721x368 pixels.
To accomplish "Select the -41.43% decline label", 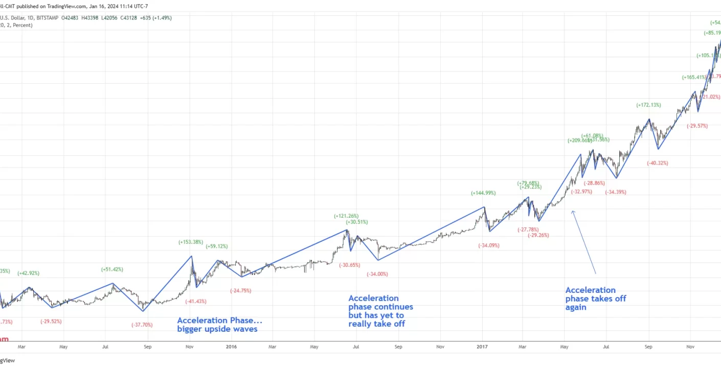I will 196,302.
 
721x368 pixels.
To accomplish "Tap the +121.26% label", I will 346,216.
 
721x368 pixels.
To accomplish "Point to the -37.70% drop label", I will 142,325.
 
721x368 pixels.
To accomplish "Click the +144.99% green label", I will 483,193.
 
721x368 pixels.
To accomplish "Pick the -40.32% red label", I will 657,163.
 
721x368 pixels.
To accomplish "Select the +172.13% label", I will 648,105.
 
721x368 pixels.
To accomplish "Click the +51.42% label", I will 112,269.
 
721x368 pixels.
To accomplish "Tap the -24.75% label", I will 241,290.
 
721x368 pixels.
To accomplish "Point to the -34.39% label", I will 616,192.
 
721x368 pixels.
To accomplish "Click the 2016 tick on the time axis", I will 231,347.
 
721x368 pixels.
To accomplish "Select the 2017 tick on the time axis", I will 482,347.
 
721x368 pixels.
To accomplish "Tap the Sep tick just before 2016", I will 147,347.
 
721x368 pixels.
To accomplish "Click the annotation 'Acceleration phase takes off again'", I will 595,299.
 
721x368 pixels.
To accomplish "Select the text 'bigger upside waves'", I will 217,329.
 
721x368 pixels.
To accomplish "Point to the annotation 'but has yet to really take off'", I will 376,320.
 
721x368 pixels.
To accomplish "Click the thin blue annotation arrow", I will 583,241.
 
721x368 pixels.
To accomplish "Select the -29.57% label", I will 697,126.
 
